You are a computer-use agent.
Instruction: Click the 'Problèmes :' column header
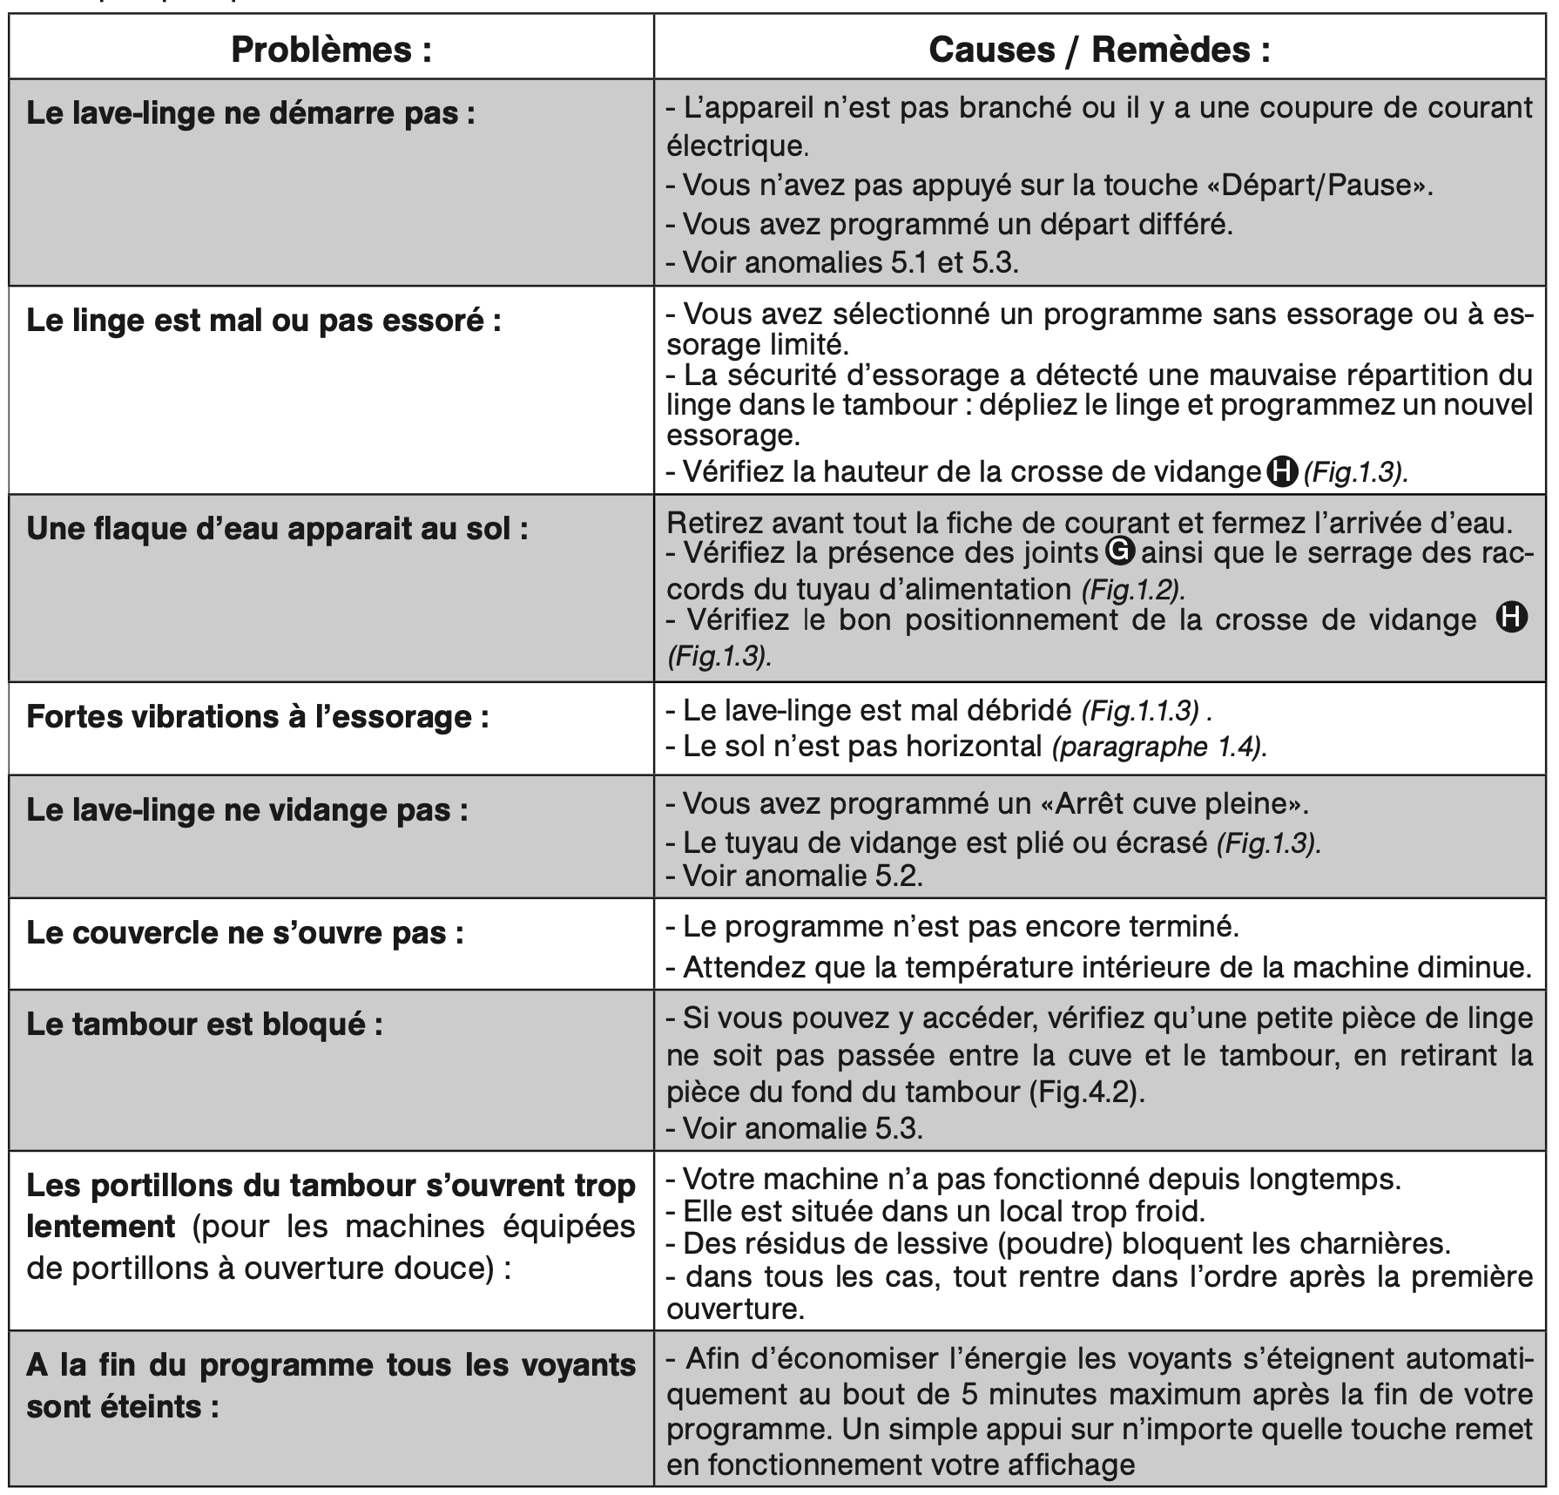pos(331,50)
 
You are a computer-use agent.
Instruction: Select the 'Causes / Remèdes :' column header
pos(1099,50)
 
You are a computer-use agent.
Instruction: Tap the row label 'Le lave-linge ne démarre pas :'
pos(251,113)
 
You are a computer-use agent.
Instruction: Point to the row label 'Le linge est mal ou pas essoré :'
pos(264,321)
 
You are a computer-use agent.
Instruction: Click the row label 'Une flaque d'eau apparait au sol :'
pos(277,529)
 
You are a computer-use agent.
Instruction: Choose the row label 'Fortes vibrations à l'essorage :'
pos(257,717)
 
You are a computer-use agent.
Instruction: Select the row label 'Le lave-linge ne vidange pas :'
pos(247,810)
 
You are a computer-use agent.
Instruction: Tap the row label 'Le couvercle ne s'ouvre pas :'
pos(245,933)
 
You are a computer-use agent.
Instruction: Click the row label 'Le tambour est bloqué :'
pos(205,1025)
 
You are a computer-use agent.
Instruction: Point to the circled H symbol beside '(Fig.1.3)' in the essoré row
pos(1280,471)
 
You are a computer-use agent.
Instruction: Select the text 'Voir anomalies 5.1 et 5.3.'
pos(850,262)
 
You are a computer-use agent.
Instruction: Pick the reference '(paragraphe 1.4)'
pos(1157,747)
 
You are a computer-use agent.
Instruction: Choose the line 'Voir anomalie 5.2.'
pos(802,875)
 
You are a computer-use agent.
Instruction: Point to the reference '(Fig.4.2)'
pos(1084,1092)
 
